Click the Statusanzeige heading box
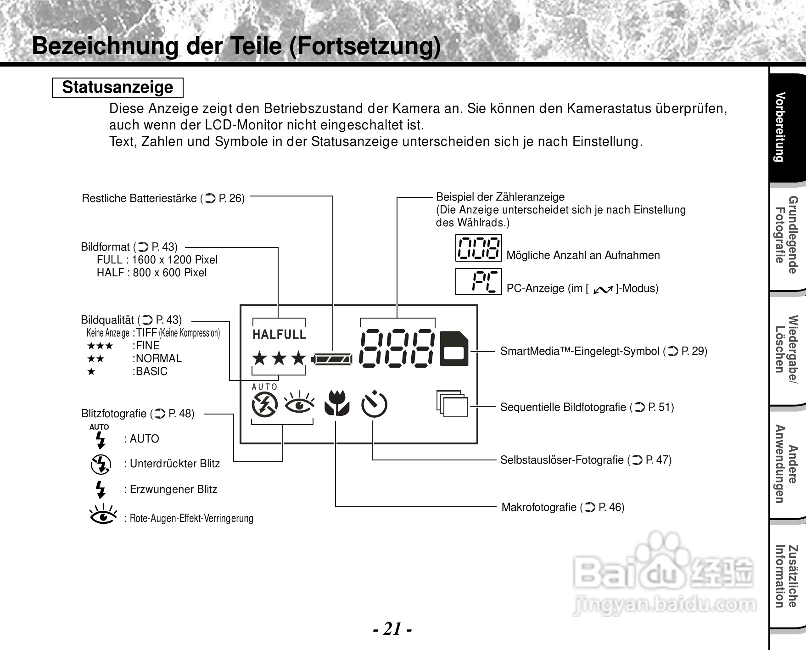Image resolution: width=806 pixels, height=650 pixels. (118, 88)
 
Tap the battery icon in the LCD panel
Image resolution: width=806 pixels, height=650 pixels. (332, 359)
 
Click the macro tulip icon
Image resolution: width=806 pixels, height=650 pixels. (337, 403)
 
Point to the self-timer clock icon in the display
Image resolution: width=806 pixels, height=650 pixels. (374, 404)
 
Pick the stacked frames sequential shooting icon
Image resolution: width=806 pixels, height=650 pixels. (452, 403)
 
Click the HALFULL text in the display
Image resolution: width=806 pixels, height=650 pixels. (279, 335)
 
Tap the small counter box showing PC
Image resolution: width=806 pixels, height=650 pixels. (478, 281)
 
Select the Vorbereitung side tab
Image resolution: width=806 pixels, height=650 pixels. (786, 128)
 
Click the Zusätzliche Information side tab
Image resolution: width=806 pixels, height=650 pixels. (786, 577)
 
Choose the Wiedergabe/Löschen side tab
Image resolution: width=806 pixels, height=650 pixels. (786, 350)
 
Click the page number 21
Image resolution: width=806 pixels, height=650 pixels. (392, 628)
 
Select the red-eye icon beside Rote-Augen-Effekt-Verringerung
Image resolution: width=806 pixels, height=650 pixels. (103, 515)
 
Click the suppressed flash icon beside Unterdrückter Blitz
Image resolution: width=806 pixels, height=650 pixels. (101, 464)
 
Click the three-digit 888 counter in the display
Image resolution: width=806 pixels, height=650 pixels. (397, 348)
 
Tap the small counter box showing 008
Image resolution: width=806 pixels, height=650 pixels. (478, 248)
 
